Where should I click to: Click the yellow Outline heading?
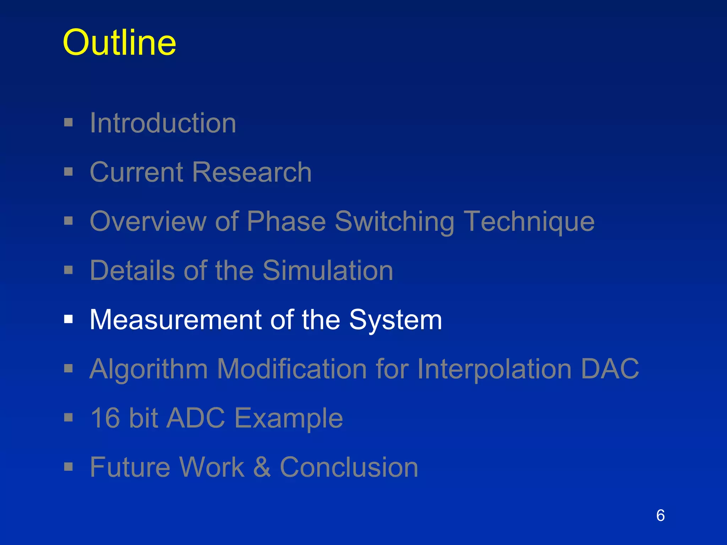(x=119, y=43)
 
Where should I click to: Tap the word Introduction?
(x=163, y=123)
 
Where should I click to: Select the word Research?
(x=252, y=172)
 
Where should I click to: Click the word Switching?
(x=394, y=222)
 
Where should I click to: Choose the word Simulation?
(x=328, y=270)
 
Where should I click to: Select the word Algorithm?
(x=149, y=369)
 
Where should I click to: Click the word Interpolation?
(x=494, y=369)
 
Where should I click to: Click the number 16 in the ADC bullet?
(x=105, y=418)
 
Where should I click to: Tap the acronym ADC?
(x=196, y=418)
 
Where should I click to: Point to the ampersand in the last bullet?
(x=262, y=467)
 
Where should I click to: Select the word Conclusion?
(x=349, y=467)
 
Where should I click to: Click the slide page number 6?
(x=660, y=516)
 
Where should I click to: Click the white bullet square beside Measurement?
(x=69, y=319)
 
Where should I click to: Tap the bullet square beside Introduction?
(x=69, y=123)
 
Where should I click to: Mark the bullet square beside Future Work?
(x=69, y=467)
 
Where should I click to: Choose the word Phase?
(x=286, y=222)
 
